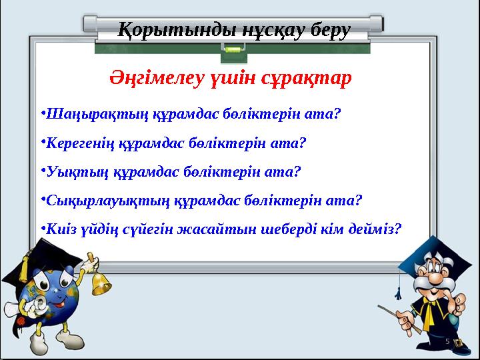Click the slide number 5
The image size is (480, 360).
[448, 341]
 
